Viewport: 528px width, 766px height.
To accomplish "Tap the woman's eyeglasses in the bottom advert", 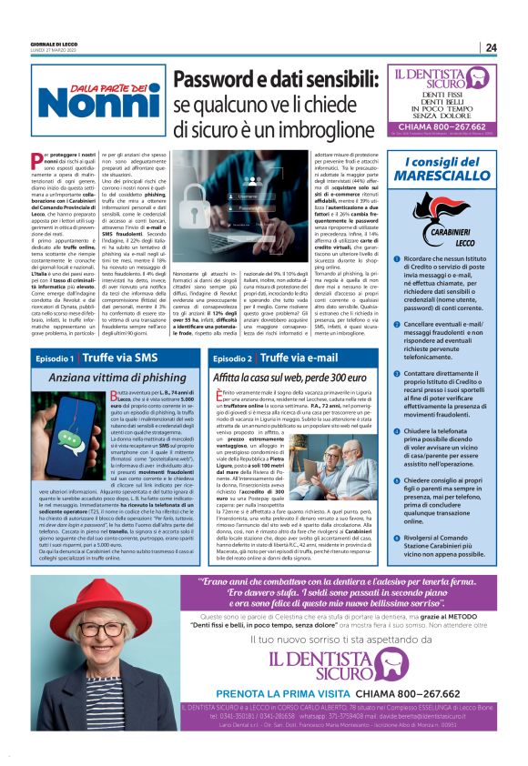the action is point(80,629).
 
